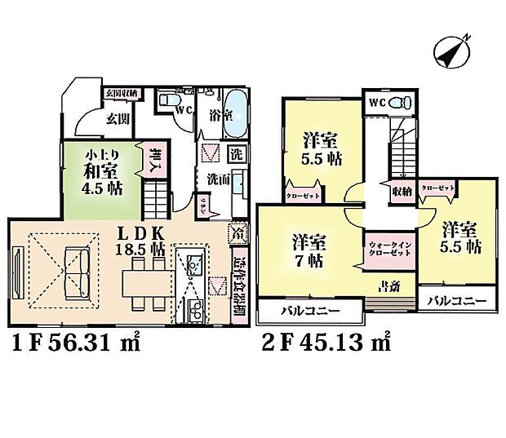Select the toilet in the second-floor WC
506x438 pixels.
tap(397, 104)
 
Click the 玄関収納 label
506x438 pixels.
tap(121, 93)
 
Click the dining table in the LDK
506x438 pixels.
tap(144, 281)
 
